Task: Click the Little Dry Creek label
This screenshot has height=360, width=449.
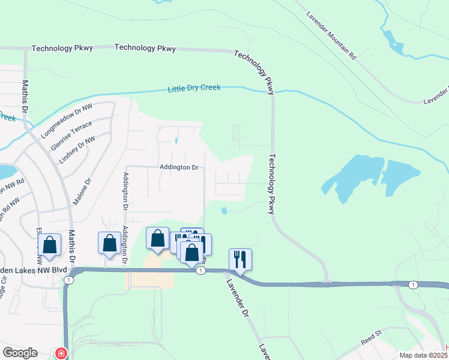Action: coord(194,88)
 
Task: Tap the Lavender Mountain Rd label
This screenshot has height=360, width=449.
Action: coord(331,36)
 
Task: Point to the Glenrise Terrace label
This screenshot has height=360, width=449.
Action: coord(71,136)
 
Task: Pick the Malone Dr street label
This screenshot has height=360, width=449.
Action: coord(82,191)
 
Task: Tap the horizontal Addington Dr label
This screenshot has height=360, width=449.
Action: coord(179,167)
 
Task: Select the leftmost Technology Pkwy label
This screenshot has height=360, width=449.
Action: coord(62,48)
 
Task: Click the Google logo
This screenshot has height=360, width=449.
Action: coord(20,353)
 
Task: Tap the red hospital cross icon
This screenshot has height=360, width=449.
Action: coord(61,353)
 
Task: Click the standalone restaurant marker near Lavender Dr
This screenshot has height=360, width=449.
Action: coord(240,260)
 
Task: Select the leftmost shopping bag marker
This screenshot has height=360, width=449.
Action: coord(49,245)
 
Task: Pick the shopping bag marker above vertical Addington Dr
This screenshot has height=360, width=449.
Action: coord(109,243)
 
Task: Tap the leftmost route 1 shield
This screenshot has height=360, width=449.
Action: coord(70,280)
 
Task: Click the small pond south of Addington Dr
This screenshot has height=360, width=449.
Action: coord(224,211)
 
